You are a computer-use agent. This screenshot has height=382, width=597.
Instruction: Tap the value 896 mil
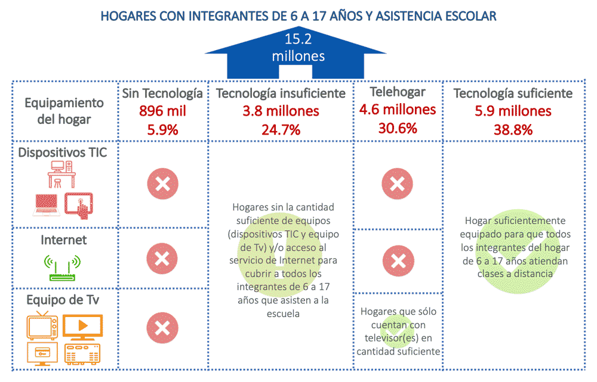(x=163, y=111)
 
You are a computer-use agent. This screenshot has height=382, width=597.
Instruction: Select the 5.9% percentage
(x=163, y=129)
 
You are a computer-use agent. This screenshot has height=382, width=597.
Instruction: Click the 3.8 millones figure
(x=281, y=111)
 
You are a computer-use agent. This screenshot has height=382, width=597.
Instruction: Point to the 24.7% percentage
(x=281, y=129)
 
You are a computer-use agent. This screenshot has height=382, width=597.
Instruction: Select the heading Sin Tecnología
(x=163, y=94)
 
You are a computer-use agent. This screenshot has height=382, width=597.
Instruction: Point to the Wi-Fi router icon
(x=63, y=266)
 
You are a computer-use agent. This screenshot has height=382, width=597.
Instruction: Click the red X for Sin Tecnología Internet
(x=162, y=259)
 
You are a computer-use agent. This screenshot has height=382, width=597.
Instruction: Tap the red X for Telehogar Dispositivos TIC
(x=397, y=184)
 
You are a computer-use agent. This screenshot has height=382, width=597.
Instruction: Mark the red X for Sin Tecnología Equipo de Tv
(x=162, y=328)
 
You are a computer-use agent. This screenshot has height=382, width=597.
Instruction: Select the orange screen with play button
(x=82, y=325)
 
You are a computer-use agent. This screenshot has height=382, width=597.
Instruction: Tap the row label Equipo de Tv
(x=63, y=300)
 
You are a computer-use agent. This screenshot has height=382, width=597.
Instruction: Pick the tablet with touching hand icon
(x=81, y=204)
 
